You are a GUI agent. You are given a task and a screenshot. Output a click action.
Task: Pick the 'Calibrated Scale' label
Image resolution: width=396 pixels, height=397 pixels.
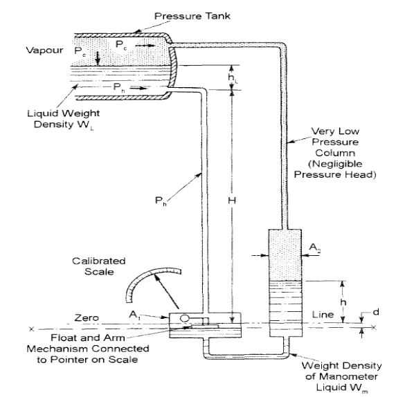[x=100, y=266]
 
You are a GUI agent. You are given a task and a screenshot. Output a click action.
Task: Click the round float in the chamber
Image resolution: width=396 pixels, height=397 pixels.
[x=185, y=318]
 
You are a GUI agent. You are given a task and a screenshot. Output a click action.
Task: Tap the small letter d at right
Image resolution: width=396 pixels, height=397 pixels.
[x=376, y=313]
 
